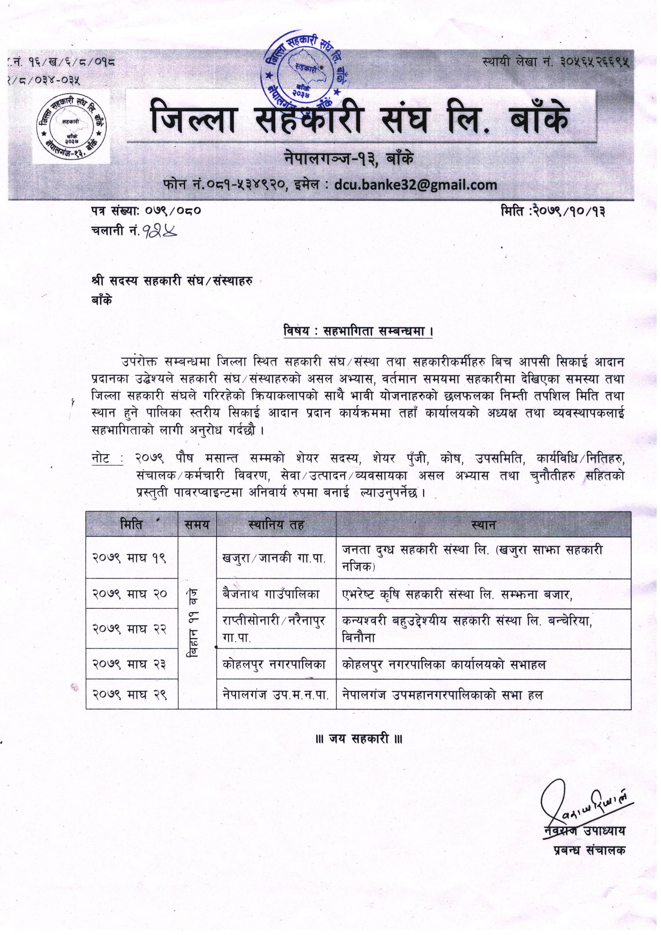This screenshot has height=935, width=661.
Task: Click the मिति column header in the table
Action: click(x=132, y=524)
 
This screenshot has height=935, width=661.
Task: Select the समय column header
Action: click(x=197, y=524)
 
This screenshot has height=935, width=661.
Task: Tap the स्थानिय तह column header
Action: click(x=276, y=524)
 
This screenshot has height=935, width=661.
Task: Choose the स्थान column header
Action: click(x=483, y=524)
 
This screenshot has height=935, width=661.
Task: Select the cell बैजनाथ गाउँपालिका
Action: click(x=271, y=594)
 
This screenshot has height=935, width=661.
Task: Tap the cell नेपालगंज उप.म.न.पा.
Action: click(x=275, y=695)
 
